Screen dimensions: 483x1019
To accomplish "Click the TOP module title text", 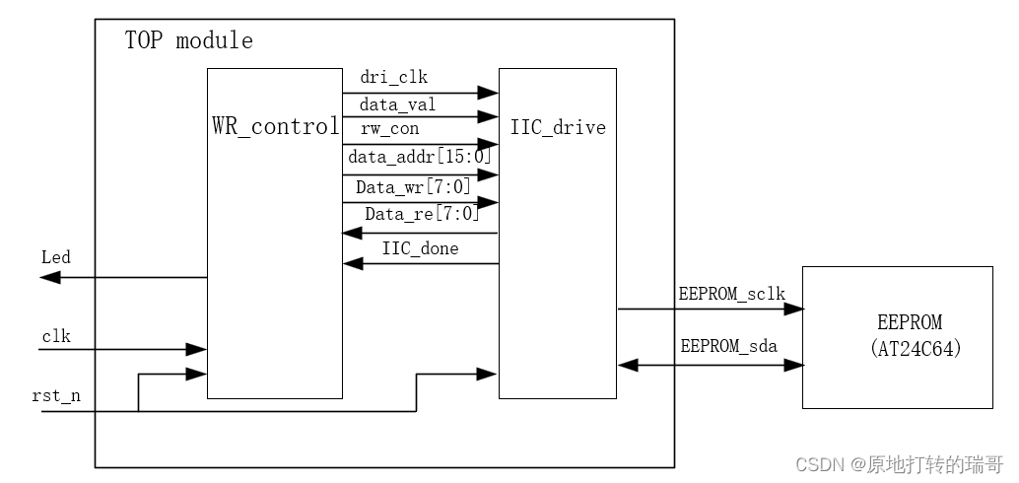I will pos(188,41).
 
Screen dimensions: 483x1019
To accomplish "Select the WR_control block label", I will pos(276,127).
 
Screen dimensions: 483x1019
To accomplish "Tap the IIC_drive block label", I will pos(558,127).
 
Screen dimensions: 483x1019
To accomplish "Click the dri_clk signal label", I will pos(394,77).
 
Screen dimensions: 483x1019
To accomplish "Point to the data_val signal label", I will pos(398,103).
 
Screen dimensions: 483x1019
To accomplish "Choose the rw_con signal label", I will pos(390,129).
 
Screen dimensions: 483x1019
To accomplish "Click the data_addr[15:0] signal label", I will pos(420,156).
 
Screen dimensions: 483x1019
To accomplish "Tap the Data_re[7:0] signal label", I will pos(422,214).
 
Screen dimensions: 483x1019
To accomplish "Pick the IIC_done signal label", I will pos(420,248).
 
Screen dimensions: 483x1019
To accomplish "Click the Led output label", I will pos(56,257).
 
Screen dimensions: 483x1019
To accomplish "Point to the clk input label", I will pos(55,336).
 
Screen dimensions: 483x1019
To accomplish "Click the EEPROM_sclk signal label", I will pos(732,294).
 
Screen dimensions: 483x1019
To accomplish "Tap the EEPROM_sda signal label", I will pos(727,346).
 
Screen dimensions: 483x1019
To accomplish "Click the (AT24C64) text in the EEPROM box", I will pos(916,348).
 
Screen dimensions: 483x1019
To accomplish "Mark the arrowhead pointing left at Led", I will pos(49,278).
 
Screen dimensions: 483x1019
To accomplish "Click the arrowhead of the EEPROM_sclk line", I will pos(793,309).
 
